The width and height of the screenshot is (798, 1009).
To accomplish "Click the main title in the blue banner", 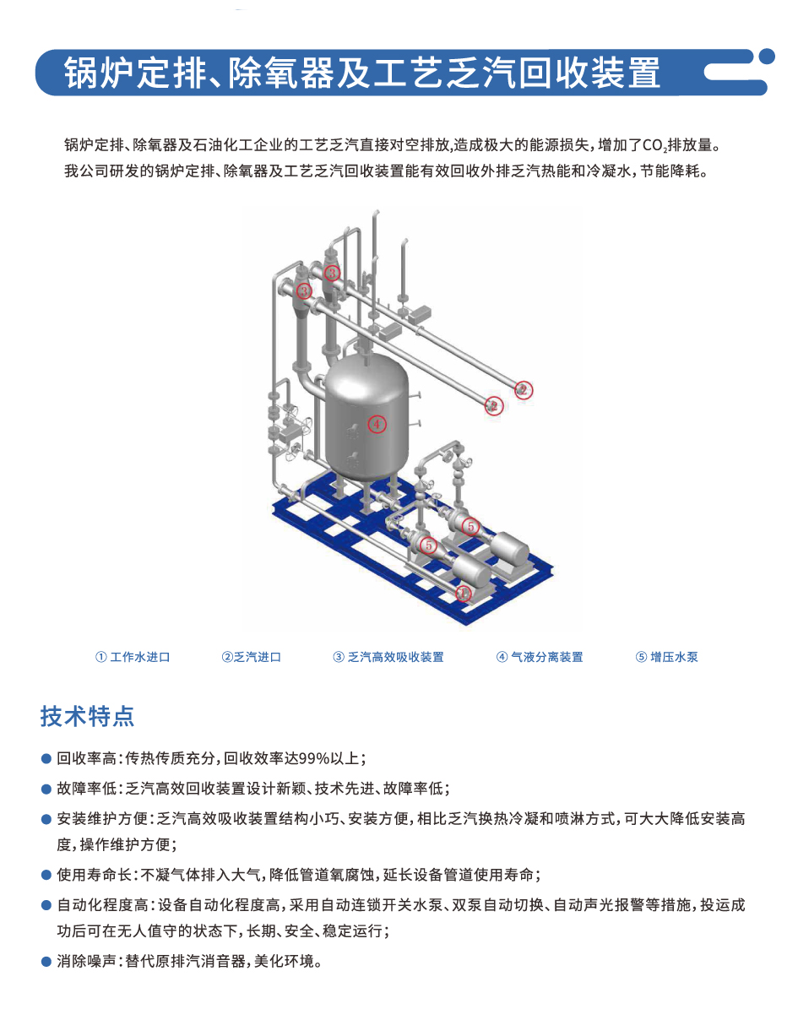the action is (361, 73).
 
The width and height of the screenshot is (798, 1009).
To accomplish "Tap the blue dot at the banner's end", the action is (767, 57).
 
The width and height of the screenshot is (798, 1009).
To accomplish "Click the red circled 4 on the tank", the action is (377, 424).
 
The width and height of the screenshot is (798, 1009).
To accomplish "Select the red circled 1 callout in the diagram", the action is (464, 593).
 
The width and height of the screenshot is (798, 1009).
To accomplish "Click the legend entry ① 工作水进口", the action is (133, 657).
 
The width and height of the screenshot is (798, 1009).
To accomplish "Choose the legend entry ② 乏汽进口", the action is (251, 657).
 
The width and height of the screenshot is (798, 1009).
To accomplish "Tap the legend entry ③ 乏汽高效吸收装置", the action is (388, 657).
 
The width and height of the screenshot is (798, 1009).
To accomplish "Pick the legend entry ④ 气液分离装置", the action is (540, 657).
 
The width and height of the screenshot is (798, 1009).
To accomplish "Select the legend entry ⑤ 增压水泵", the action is (667, 657).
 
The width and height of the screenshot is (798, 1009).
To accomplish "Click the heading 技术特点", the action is (87, 716).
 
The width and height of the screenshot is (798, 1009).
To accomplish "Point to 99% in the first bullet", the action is (315, 759).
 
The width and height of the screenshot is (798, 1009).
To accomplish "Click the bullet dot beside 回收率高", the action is (46, 759).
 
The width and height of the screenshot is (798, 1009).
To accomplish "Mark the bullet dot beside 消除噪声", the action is (46, 962).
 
